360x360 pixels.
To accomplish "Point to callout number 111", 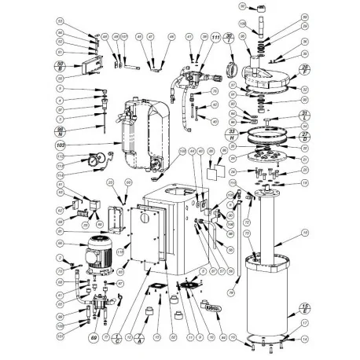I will tap(215, 37).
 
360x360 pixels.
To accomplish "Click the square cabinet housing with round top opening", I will tap(169, 228).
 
